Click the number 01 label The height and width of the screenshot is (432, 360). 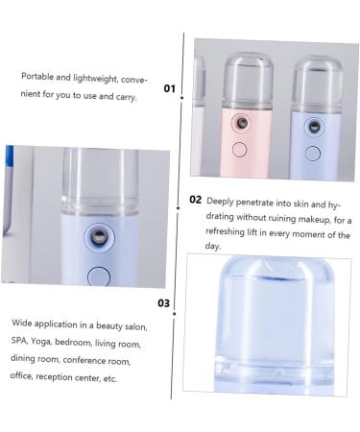pos(170,88)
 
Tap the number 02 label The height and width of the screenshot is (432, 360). pos(195,200)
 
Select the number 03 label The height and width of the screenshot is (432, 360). pos(163,302)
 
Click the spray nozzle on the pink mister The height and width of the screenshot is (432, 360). pos(241,123)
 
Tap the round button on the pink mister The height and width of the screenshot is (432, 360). pos(239,150)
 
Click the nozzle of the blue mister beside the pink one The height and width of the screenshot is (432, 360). pos(314,127)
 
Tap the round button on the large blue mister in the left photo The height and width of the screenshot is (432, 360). pos(99,276)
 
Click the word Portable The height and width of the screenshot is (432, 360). pos(37,77)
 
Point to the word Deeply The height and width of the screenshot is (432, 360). pos(220,202)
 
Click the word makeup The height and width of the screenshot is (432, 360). pos(314,220)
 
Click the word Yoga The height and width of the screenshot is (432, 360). pos(41,342)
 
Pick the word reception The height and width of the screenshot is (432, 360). pos(54,377)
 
